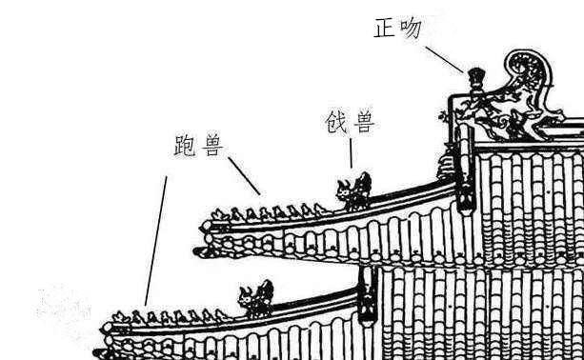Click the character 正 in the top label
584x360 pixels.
click(x=384, y=28)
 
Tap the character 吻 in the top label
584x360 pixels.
click(x=411, y=28)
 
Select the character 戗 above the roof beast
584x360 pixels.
click(x=336, y=123)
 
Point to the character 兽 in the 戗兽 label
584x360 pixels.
click(x=364, y=123)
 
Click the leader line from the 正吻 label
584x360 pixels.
click(x=445, y=57)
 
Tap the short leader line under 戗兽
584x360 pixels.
click(x=351, y=154)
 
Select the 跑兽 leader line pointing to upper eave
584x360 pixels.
click(x=244, y=176)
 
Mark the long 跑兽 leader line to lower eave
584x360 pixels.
click(x=155, y=238)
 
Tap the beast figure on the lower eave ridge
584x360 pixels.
click(x=256, y=298)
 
